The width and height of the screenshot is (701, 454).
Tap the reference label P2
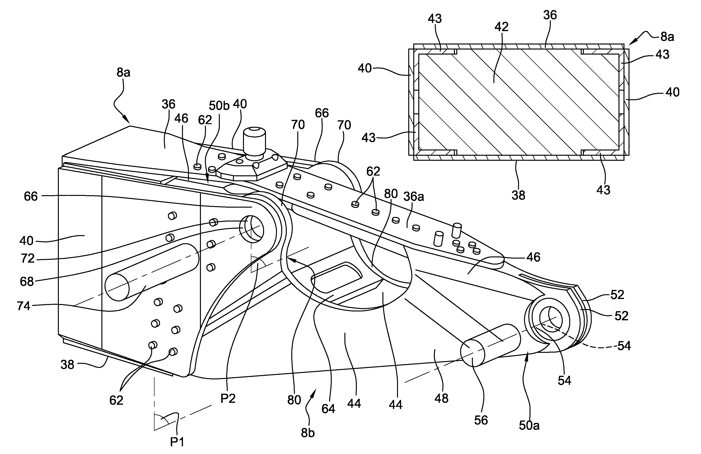(x=228, y=398)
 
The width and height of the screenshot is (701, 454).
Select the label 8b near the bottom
(x=308, y=432)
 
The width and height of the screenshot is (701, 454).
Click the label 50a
(x=529, y=426)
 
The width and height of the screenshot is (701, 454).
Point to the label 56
(x=481, y=420)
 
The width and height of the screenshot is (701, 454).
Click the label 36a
(x=414, y=197)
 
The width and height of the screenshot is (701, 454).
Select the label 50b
(x=219, y=105)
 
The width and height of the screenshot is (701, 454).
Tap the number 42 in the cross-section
(x=501, y=27)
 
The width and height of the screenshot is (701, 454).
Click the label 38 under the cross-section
(x=518, y=195)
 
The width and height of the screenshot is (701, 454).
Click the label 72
(x=28, y=258)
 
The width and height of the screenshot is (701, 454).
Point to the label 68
(x=27, y=281)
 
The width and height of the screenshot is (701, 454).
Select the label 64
(x=328, y=409)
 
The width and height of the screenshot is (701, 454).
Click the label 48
(x=441, y=398)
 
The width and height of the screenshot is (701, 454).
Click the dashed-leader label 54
(x=624, y=346)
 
